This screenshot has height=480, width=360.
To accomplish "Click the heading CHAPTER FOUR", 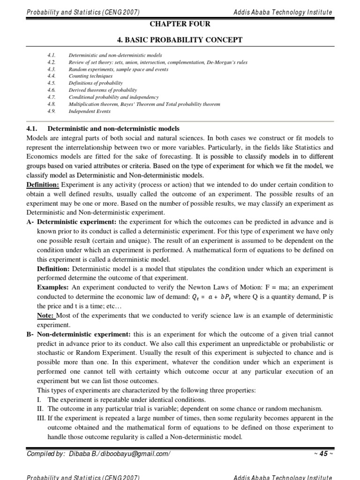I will [180, 23].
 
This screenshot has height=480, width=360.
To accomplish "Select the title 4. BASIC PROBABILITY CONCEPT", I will [180, 40].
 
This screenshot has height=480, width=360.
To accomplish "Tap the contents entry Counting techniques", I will [90, 75].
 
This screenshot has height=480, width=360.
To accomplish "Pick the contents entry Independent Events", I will [89, 111].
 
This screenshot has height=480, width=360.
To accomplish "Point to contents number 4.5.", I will [52, 82].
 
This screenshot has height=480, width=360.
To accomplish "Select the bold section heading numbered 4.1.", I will [103, 129].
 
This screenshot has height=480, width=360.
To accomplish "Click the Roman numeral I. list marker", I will [39, 399].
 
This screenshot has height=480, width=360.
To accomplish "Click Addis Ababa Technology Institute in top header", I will [283, 12].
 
